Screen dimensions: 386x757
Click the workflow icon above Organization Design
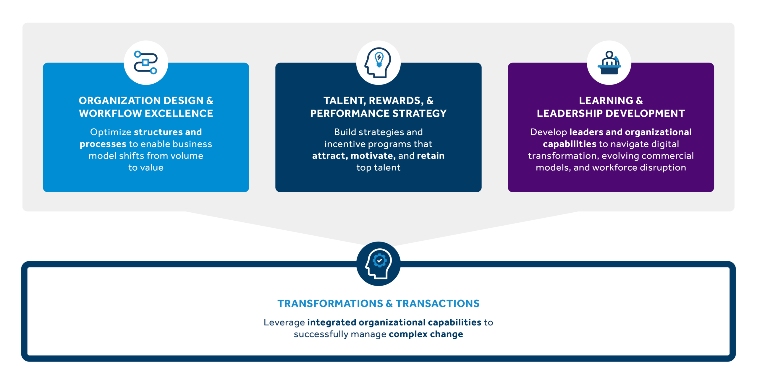[x=146, y=63]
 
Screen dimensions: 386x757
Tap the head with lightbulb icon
[x=378, y=63]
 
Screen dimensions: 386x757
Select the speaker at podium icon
[x=609, y=63]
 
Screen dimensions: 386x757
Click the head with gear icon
[x=378, y=264]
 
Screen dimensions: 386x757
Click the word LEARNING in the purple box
[x=606, y=101]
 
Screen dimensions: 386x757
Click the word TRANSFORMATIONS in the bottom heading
[x=330, y=304]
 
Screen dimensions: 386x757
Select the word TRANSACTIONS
[x=438, y=304]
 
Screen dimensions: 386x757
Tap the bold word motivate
[x=373, y=156]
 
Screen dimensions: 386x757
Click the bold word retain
[x=431, y=156]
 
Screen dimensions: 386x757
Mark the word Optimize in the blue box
[x=111, y=132]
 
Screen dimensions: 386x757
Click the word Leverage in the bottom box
[x=284, y=323]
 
